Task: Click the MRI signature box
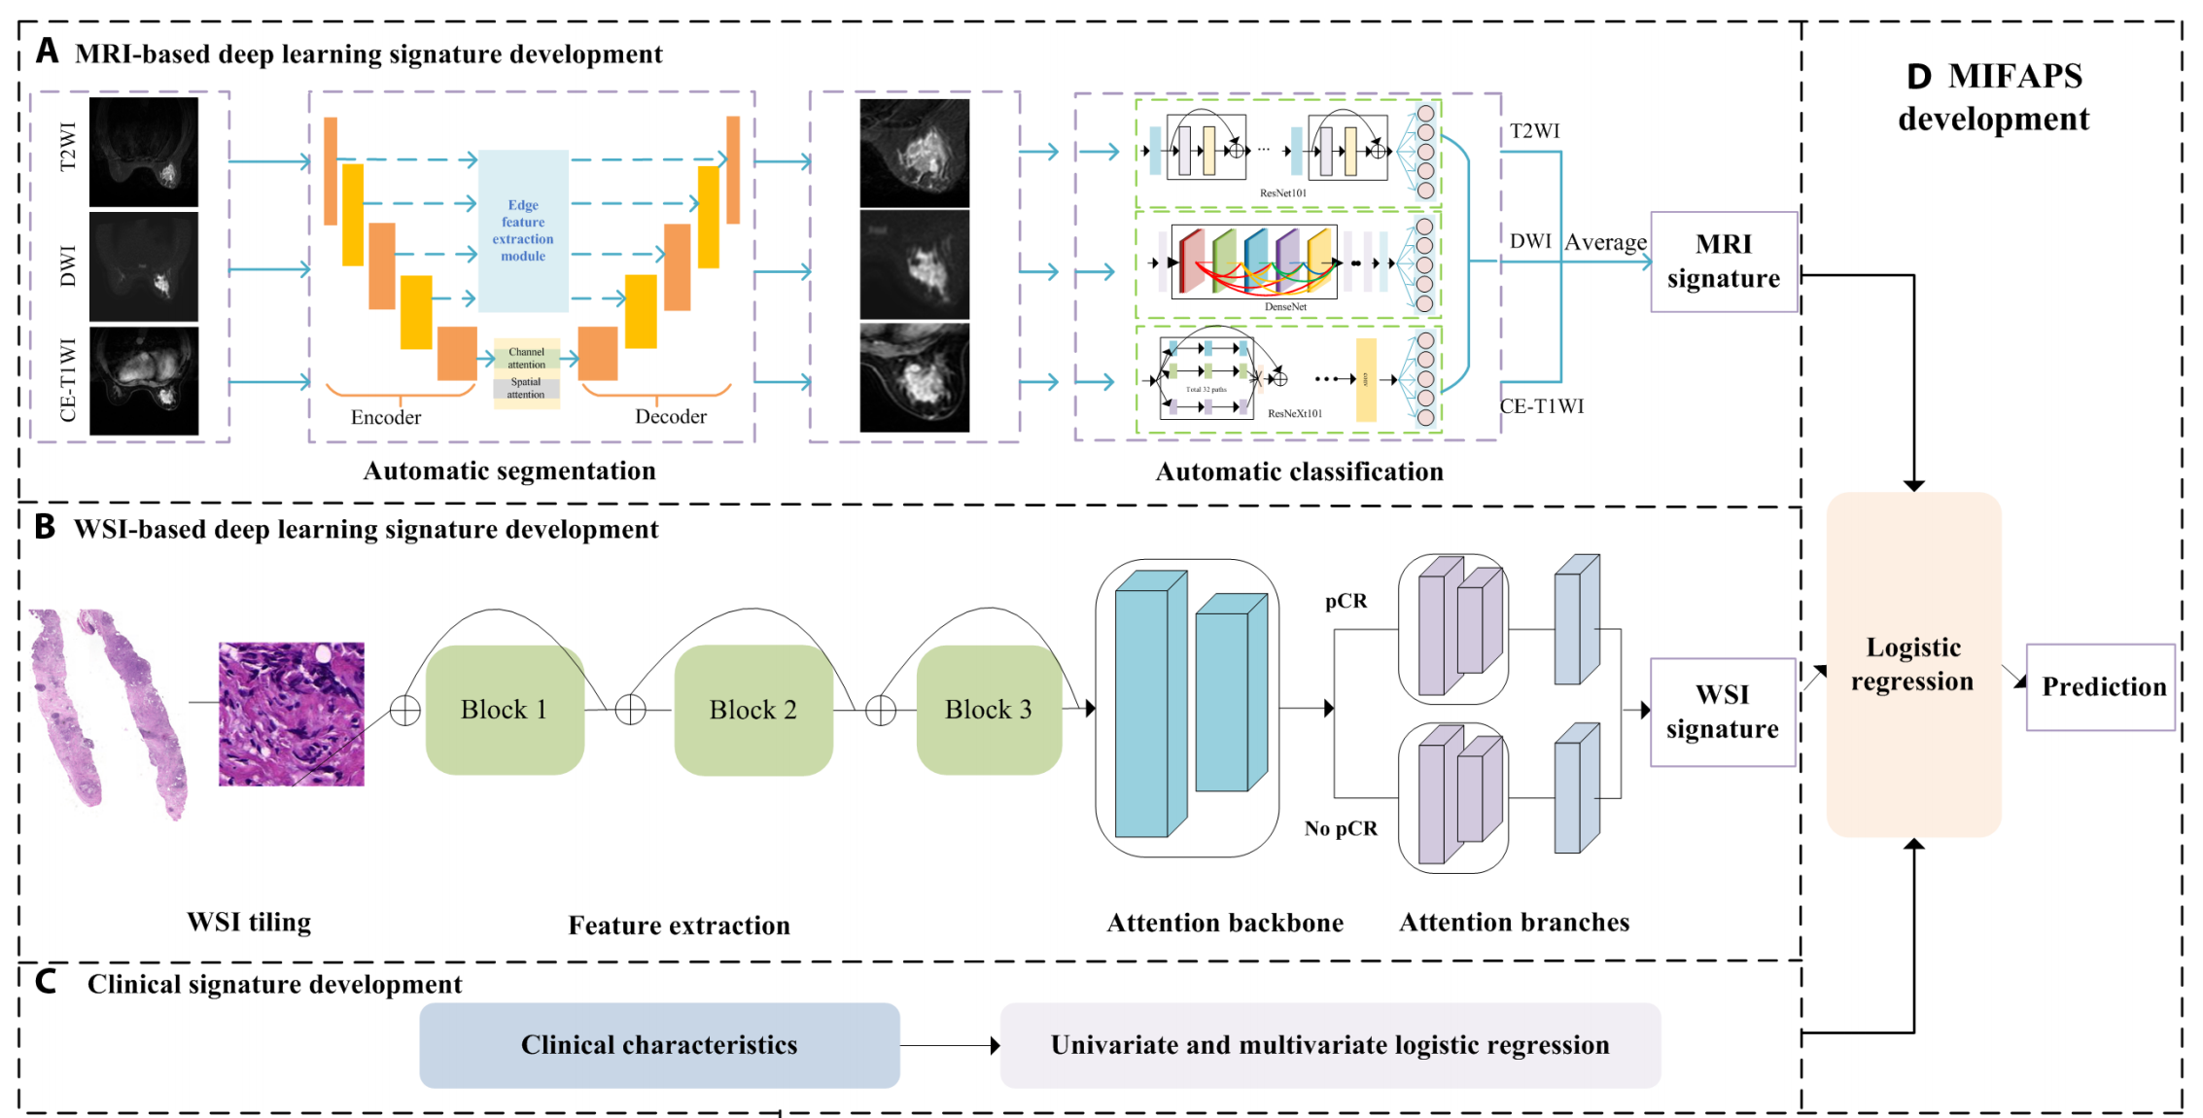1723,262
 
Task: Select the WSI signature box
1722,712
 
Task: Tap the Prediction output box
2100,686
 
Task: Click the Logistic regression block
1912,664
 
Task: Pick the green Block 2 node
752,710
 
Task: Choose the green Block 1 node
504,710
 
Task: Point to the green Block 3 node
988,710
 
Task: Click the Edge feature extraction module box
523,230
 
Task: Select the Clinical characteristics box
659,1045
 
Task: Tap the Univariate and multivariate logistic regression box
1329,1045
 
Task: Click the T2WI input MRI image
144,152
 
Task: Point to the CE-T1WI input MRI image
144,380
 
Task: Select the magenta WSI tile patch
291,714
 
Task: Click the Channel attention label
526,358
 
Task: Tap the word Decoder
670,416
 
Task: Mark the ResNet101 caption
1282,193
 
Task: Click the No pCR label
1341,828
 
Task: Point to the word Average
1605,242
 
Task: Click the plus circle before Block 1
404,711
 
